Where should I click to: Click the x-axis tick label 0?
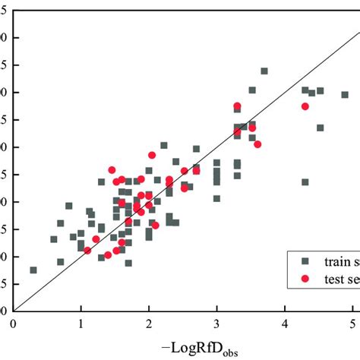(x=14, y=323)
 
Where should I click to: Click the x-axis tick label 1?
(x=81, y=323)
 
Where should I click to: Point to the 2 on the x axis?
(x=149, y=323)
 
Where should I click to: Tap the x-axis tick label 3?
(x=217, y=323)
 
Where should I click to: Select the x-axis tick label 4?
(x=285, y=323)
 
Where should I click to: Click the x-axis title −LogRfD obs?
(x=200, y=348)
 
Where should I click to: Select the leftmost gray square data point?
(x=33, y=270)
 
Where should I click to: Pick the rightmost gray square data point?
(x=345, y=95)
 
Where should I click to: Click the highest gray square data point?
(x=264, y=71)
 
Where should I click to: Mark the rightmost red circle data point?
(x=305, y=106)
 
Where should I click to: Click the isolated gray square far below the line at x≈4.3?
(x=305, y=182)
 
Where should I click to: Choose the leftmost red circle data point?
(x=87, y=250)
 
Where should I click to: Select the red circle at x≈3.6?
(x=257, y=144)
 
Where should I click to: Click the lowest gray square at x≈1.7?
(x=128, y=263)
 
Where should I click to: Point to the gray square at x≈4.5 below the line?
(x=321, y=128)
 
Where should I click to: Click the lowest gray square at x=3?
(x=217, y=198)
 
